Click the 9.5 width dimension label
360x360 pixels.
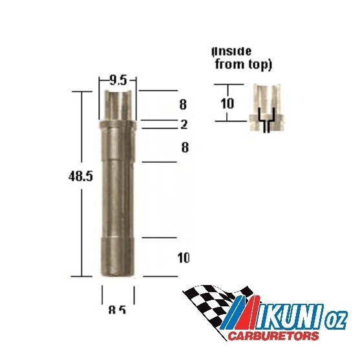118,81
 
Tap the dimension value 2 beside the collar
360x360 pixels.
184,124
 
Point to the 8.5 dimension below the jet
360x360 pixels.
118,310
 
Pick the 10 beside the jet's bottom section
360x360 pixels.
183,259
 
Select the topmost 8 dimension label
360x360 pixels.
184,103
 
